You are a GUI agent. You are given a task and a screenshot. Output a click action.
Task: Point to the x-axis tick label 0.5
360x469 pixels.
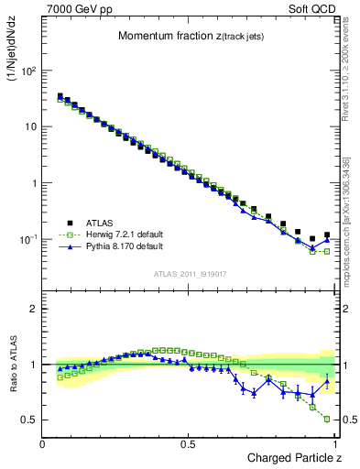[x=188, y=443]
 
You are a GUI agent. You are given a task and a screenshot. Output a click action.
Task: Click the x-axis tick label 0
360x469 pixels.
[x=43, y=443]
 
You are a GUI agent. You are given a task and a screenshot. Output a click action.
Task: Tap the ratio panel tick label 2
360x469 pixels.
[x=34, y=309]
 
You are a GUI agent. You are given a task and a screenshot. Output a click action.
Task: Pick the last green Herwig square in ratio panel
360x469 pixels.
[x=327, y=419]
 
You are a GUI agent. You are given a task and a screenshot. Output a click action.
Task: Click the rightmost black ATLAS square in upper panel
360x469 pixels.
[x=327, y=235]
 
